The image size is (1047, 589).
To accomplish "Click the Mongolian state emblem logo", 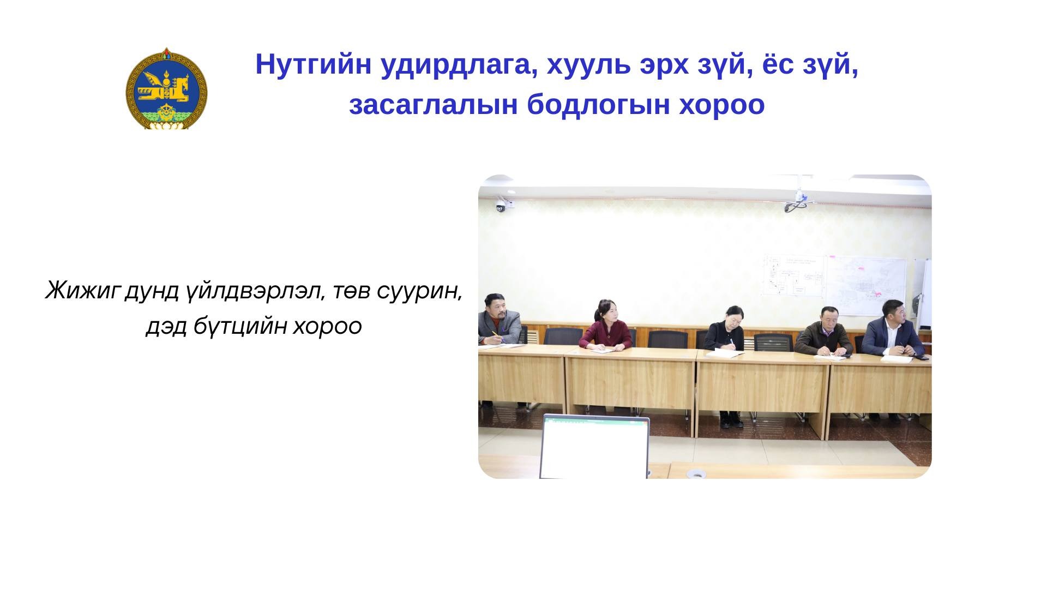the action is coord(166,88).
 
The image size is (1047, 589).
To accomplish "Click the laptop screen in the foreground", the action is coord(594,447).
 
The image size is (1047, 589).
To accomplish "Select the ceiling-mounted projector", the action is coord(801,200).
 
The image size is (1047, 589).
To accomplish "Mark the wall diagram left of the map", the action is coord(793,275).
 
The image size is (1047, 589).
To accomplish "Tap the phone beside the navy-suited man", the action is coord(920,357).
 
